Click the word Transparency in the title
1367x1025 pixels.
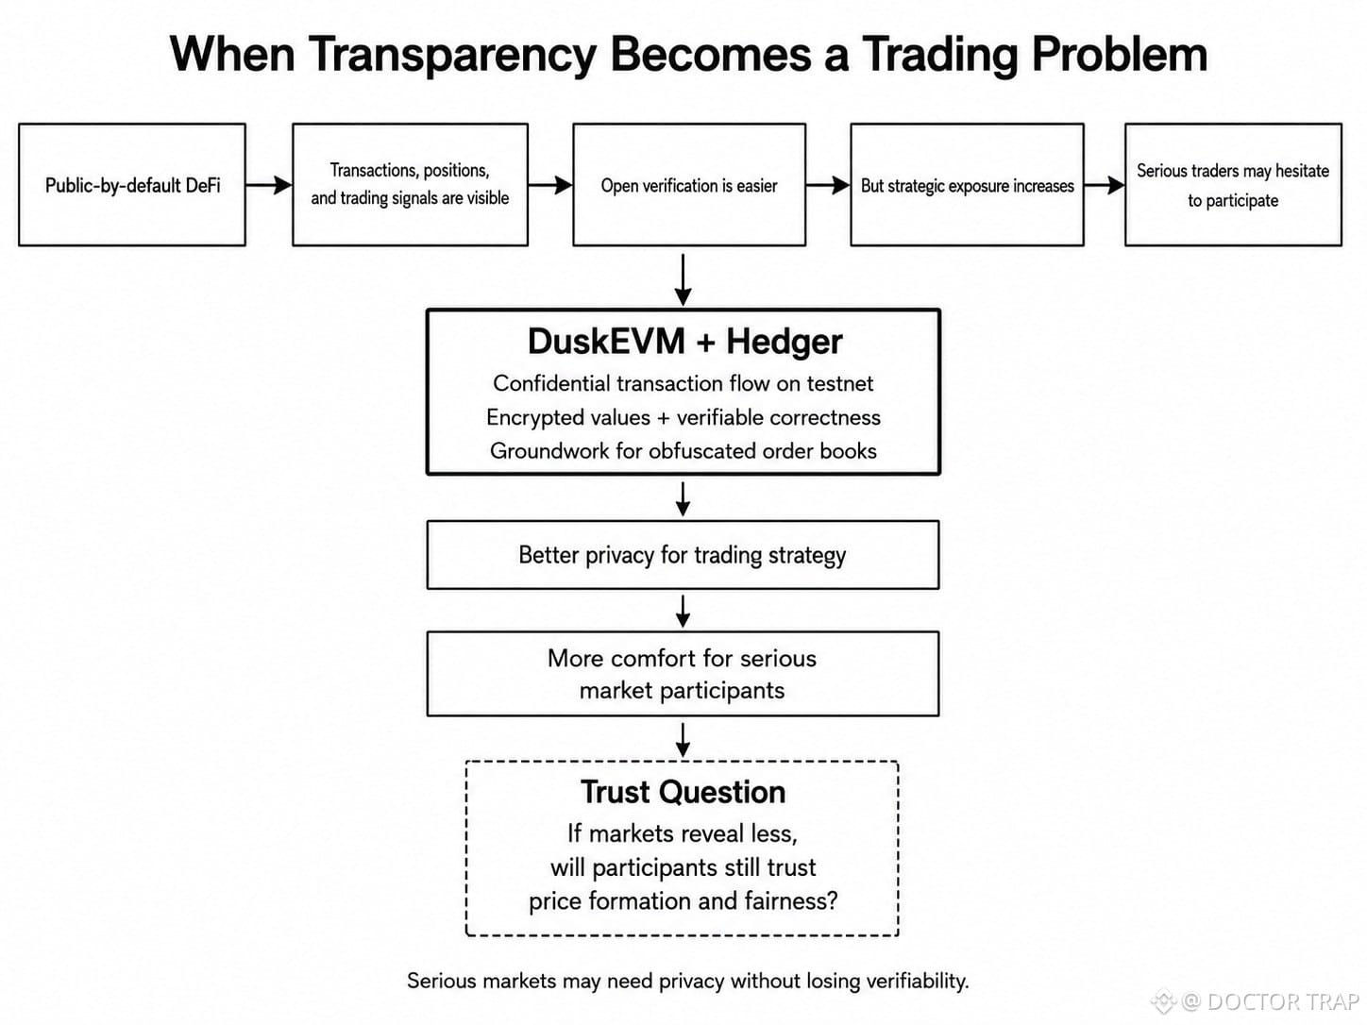point(452,56)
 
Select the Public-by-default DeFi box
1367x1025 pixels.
point(132,185)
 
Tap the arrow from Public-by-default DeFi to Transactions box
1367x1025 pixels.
point(269,185)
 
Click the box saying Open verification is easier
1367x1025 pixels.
point(689,185)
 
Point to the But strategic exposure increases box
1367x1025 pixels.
point(967,185)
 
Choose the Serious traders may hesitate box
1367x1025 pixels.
point(1233,185)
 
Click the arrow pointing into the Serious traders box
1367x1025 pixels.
point(1105,185)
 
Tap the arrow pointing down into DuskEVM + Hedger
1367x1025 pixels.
point(683,280)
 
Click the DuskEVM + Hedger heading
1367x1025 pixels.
point(684,342)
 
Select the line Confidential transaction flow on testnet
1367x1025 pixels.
point(683,383)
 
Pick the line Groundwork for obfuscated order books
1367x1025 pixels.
point(683,450)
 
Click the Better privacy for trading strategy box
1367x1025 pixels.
point(683,555)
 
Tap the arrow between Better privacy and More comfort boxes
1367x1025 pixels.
point(683,612)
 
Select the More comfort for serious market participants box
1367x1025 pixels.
point(683,674)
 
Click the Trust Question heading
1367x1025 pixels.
point(683,792)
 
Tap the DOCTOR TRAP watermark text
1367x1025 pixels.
point(1282,1001)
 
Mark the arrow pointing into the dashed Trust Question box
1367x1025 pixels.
point(683,740)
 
